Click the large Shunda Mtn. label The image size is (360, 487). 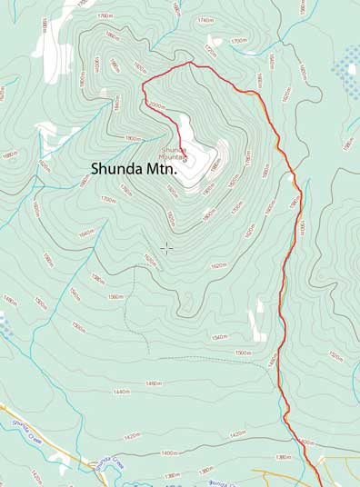pos(133,168)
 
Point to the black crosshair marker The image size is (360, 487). pos(166,247)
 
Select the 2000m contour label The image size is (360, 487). pos(156,106)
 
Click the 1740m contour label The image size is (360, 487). pos(205,20)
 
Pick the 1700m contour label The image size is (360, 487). pos(238,41)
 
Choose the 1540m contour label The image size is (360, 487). pos(219,336)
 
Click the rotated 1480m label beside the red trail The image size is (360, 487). pos(271,361)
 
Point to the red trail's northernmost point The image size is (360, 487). pos(191,63)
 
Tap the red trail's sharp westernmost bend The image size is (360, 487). pos(143,84)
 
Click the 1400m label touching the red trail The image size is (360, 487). pos(305,442)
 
